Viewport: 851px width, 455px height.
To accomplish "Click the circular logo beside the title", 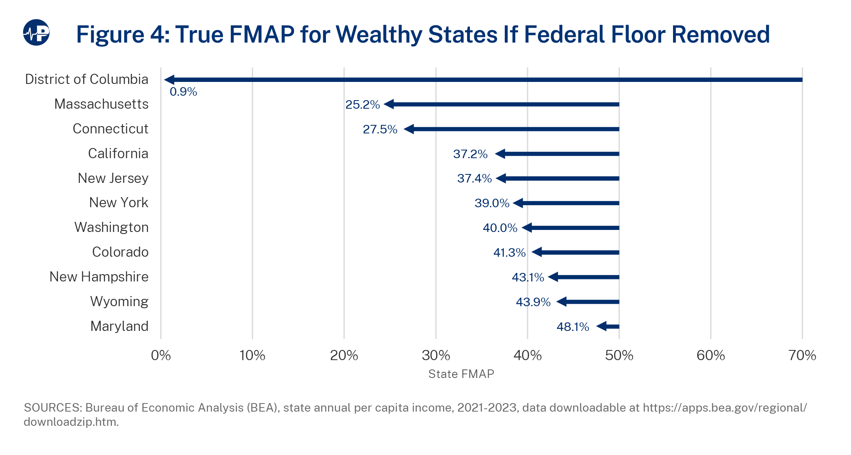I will pos(36,32).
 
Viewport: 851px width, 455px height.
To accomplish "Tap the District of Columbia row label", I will pos(86,79).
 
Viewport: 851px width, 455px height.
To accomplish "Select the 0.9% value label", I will pos(183,92).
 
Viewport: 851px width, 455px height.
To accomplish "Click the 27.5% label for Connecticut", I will pos(380,129).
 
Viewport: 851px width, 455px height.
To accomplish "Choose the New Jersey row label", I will pos(113,178).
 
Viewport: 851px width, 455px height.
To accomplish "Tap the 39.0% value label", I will pos(492,203).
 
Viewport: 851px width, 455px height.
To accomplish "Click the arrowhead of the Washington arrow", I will pos(527,228).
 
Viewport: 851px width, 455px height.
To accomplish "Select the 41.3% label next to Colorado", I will pos(509,253).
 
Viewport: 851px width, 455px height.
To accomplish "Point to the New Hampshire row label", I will pos(99,277).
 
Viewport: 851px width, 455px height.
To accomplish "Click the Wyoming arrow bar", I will pos(592,302).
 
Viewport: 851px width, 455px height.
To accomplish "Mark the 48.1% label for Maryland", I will pos(572,327).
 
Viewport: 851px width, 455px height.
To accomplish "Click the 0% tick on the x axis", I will pos(161,356).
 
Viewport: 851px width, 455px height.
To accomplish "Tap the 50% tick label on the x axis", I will pos(619,356).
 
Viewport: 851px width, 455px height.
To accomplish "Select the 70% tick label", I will pos(802,356).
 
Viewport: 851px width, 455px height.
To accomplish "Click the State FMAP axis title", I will pos(461,374).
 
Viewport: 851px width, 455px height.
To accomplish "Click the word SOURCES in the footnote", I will pos(52,408).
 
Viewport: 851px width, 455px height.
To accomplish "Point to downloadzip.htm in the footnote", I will pos(71,422).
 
